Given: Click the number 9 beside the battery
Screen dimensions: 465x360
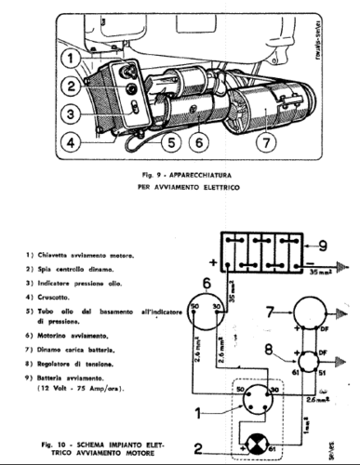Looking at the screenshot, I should pos(321,246).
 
